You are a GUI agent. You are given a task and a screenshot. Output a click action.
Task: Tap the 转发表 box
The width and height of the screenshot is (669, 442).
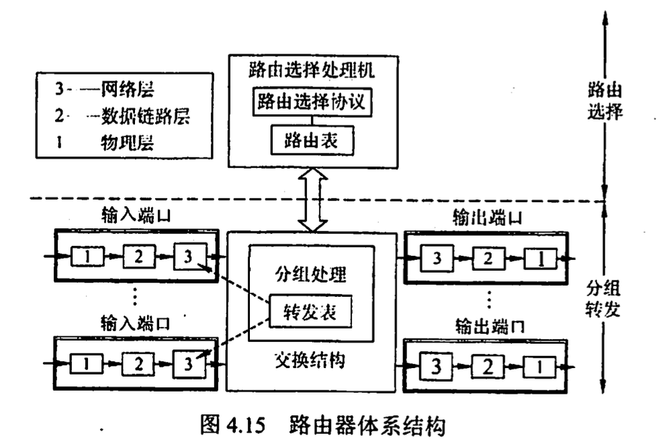tap(310, 311)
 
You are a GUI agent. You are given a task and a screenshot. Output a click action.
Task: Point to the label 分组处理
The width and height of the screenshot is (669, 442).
tap(310, 275)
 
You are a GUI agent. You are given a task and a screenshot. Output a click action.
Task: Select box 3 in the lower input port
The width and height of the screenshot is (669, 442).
tap(187, 363)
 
